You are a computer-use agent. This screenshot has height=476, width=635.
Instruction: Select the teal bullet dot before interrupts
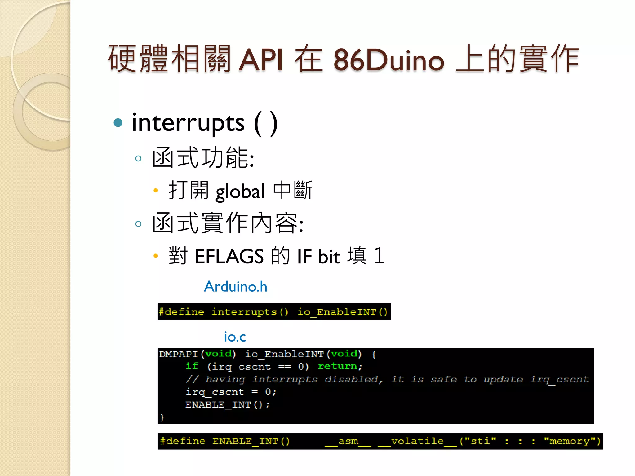(x=118, y=123)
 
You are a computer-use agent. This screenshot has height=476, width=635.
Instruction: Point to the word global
(x=240, y=192)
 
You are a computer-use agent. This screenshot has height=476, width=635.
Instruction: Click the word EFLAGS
(x=229, y=257)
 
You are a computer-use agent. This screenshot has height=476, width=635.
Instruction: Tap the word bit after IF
(x=329, y=257)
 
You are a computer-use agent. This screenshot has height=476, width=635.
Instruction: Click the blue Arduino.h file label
(x=235, y=287)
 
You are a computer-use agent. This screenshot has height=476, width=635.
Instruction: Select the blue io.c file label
(x=235, y=337)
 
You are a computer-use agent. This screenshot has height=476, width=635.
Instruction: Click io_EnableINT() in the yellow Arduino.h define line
(x=343, y=312)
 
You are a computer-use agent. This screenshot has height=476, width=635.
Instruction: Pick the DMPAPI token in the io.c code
(x=178, y=354)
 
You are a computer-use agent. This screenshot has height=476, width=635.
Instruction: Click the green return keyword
(x=338, y=366)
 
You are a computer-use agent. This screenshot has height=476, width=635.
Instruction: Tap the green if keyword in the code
(x=192, y=366)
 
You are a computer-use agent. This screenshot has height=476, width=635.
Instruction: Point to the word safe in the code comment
(x=444, y=379)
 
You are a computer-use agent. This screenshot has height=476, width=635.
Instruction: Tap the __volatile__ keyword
(x=417, y=441)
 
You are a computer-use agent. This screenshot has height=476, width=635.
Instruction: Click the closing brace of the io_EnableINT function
(x=162, y=417)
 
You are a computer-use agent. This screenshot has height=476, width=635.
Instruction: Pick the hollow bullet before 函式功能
(x=138, y=159)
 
